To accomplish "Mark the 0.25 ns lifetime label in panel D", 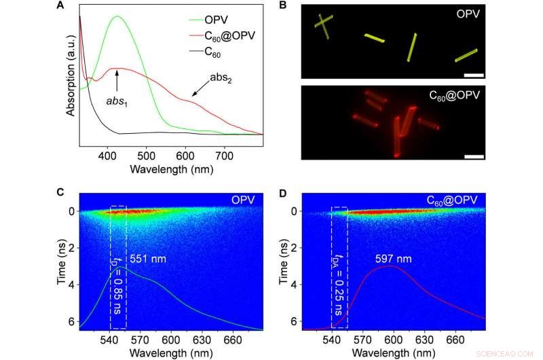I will click(x=337, y=285).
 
